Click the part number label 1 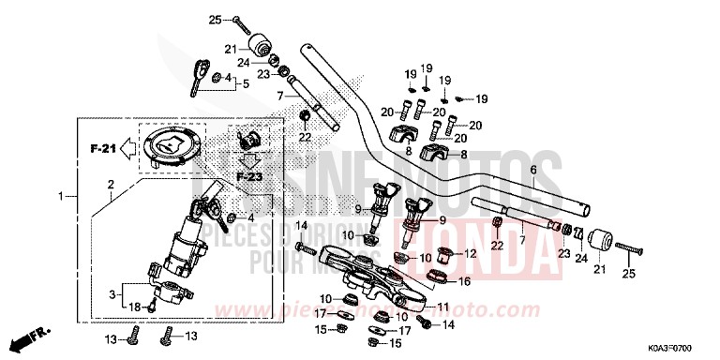coord(60,197)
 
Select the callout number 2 coord(110,185)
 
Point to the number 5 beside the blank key coord(246,84)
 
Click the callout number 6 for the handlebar coord(559,170)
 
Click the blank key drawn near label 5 coord(198,76)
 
